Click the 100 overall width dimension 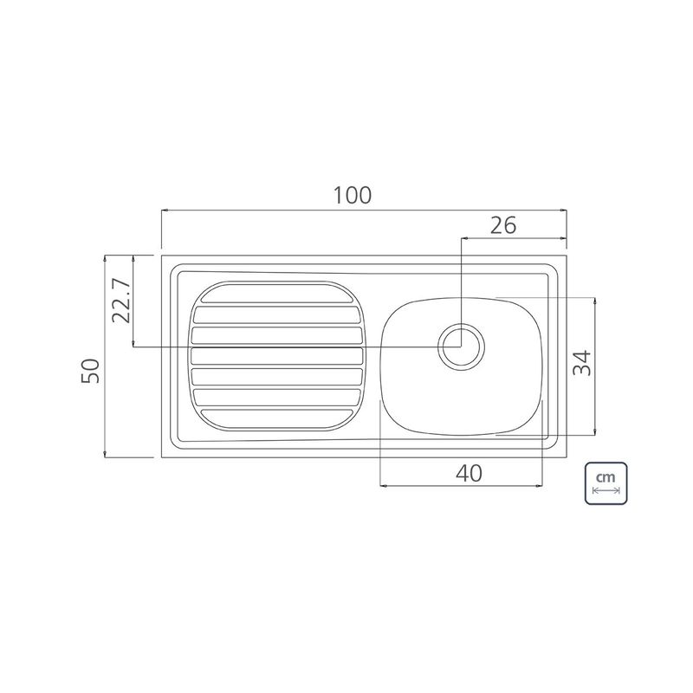352,196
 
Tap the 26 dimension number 503,225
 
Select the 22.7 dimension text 121,301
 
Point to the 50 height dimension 91,371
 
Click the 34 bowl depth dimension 581,362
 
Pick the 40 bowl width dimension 469,473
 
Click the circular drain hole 461,347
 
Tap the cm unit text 605,478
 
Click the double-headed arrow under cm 606,490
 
